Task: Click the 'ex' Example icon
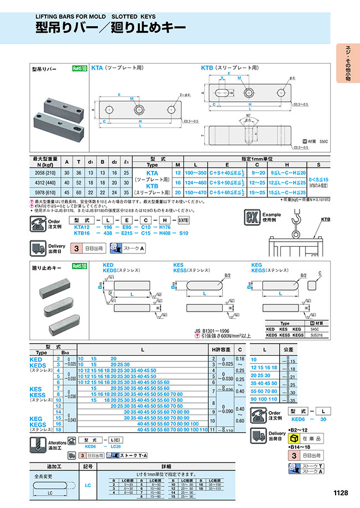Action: pyautogui.click(x=252, y=216)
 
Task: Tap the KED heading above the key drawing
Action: pyautogui.click(x=108, y=265)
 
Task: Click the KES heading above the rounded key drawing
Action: pyautogui.click(x=178, y=265)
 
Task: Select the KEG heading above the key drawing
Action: pyautogui.click(x=256, y=265)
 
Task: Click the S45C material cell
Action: pyautogui.click(x=313, y=329)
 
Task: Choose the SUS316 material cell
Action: pyautogui.click(x=313, y=335)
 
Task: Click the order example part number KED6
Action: pyautogui.click(x=297, y=419)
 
